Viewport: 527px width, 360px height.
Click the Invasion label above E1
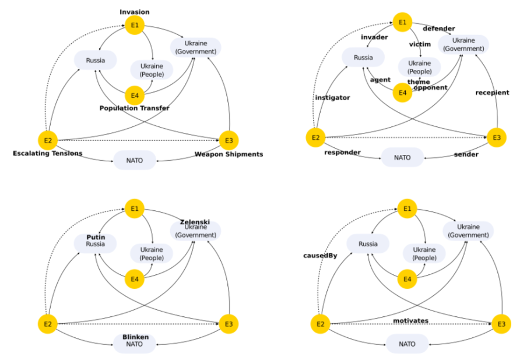click(135, 12)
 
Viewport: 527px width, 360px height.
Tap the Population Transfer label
click(135, 108)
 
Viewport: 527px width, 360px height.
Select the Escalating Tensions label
click(47, 154)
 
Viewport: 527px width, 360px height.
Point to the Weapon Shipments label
click(229, 154)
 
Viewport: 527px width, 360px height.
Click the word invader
click(374, 37)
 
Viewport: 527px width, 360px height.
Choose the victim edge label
click(420, 44)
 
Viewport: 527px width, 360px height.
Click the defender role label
click(438, 29)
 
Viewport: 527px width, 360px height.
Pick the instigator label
click(332, 98)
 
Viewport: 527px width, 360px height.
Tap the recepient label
click(492, 93)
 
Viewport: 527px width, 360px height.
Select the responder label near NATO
click(342, 153)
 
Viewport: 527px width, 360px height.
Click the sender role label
click(466, 154)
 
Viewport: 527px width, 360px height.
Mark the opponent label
click(430, 88)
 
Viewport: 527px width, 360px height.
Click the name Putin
click(96, 237)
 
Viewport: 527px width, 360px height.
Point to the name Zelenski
click(195, 222)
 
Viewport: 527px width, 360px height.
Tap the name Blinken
click(135, 337)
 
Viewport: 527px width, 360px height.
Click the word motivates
click(410, 321)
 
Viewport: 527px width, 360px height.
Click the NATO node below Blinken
click(135, 345)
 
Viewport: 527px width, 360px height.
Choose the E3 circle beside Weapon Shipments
click(229, 140)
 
